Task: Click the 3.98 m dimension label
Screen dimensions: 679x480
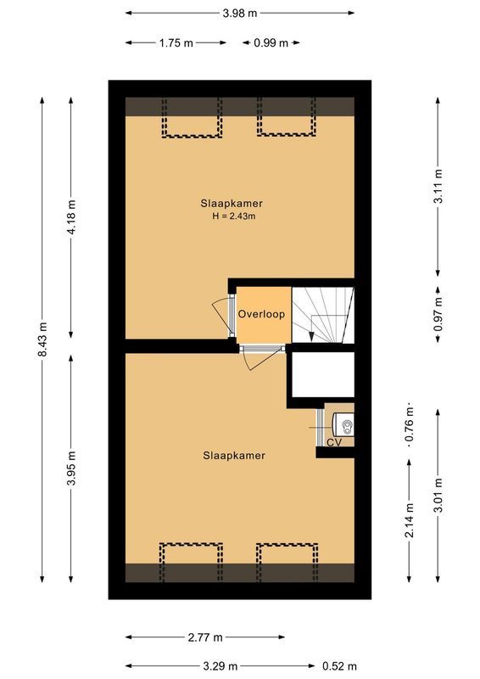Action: [x=240, y=13]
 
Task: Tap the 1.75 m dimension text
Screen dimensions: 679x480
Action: [x=175, y=42]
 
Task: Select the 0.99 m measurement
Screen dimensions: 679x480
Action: [x=271, y=42]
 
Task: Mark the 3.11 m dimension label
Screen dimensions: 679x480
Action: [x=438, y=188]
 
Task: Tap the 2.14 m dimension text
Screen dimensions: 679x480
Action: [x=410, y=520]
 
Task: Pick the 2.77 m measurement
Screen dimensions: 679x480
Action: [x=206, y=637]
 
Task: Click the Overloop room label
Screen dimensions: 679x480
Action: [x=261, y=314]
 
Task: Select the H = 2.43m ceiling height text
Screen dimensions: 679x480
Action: [x=233, y=216]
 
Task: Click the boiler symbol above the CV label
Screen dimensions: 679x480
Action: [x=343, y=421]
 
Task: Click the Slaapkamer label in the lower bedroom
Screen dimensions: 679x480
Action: [x=233, y=456]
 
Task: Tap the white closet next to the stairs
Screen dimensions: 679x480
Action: [x=322, y=374]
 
